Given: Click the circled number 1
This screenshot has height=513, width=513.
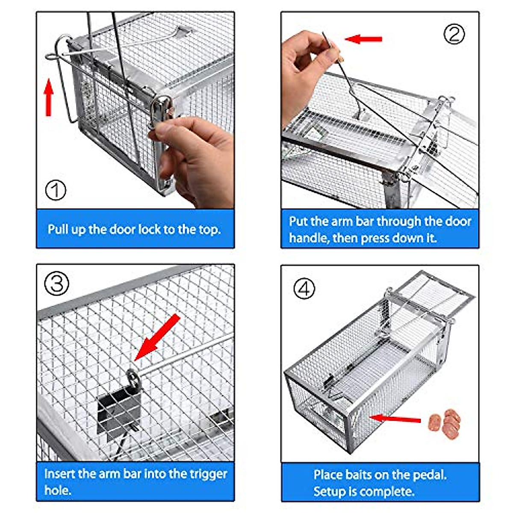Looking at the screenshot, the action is [x=56, y=190].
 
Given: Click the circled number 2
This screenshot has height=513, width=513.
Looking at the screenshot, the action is [x=454, y=34].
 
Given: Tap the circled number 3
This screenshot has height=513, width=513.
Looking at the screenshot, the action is [x=56, y=283].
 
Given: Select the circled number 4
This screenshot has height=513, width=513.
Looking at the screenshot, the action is [x=304, y=289].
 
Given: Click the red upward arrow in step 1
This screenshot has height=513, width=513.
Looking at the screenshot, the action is [x=48, y=97].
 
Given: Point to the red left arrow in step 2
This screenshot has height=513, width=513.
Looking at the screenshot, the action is [x=363, y=39].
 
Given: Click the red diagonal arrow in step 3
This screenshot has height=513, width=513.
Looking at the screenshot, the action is [x=157, y=337].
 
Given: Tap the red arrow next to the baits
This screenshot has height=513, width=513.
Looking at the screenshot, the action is [x=395, y=419].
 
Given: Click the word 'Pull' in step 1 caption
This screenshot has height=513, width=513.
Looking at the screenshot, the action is [x=58, y=230].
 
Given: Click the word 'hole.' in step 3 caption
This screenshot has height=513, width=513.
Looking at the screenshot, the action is [x=58, y=490].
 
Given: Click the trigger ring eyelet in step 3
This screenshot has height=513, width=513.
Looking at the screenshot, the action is [x=133, y=378].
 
